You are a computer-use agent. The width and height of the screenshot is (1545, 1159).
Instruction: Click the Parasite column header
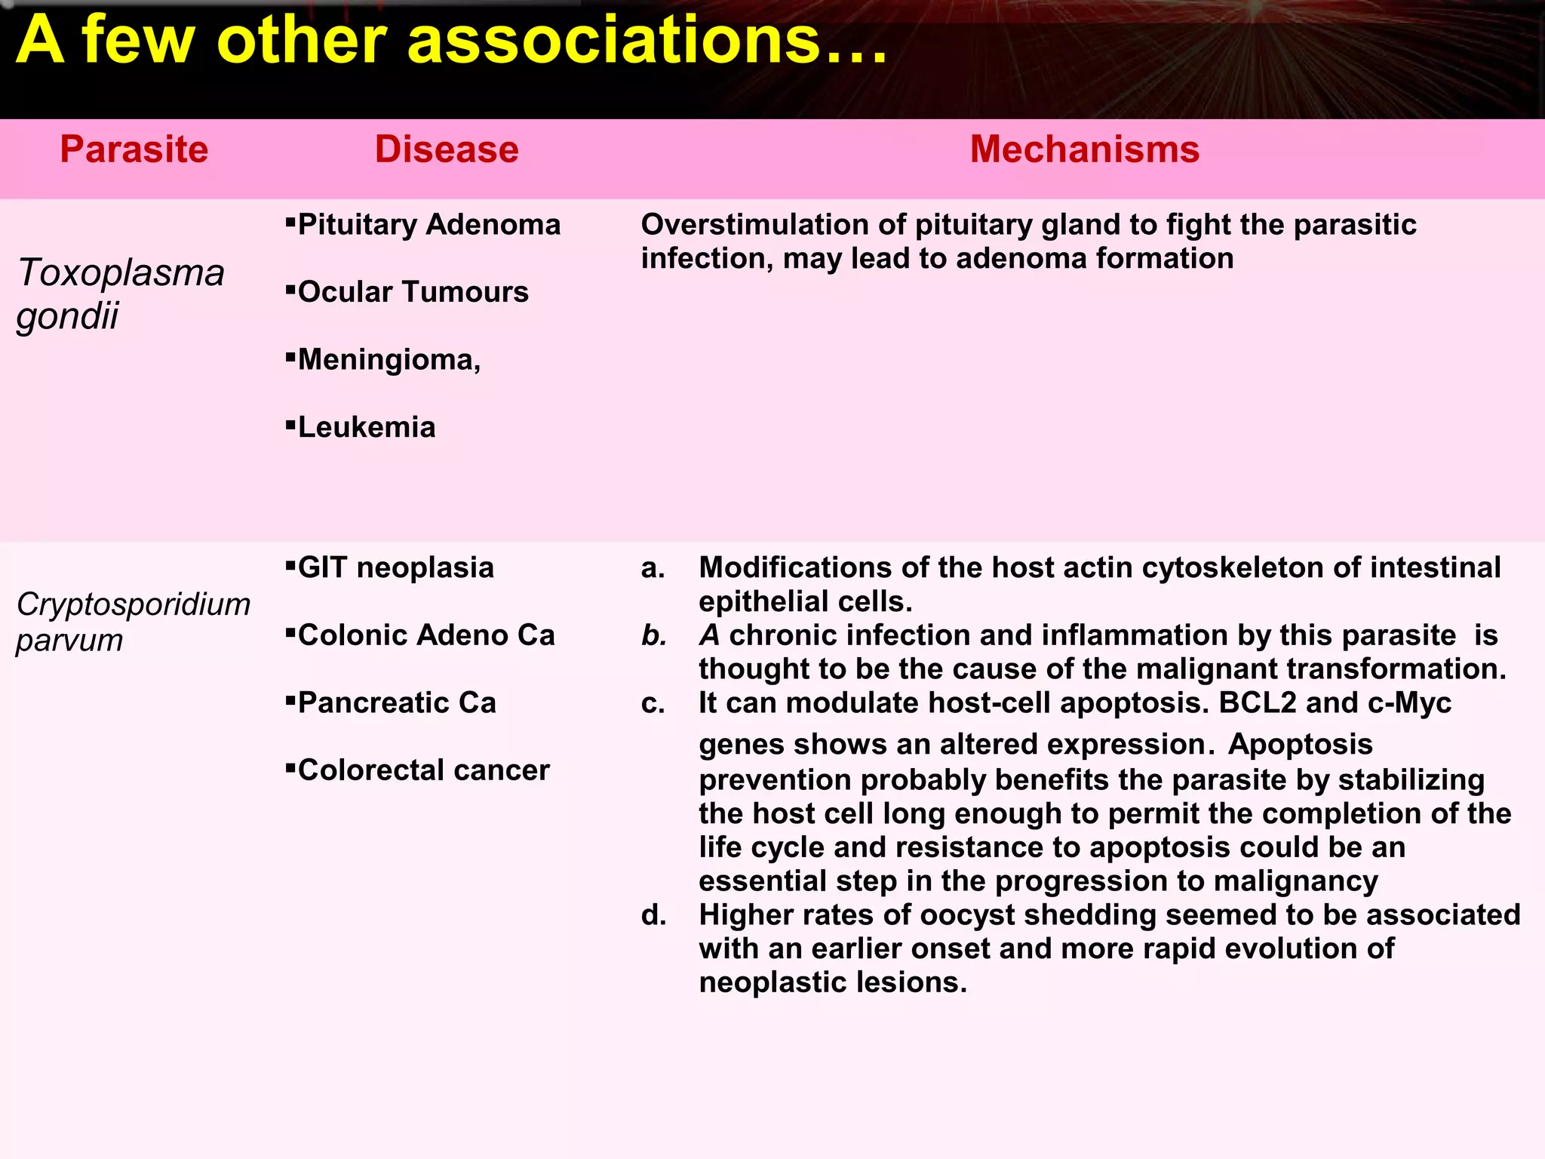(x=134, y=149)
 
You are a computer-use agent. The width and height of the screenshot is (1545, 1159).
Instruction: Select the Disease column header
(x=447, y=149)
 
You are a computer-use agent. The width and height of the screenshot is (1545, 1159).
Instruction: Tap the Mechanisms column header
(x=1084, y=149)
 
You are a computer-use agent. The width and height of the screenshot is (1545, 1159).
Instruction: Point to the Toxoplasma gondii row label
(x=121, y=294)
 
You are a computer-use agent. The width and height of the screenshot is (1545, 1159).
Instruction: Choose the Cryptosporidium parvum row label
(x=133, y=622)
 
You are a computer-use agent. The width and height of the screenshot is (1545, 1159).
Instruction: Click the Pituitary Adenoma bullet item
(x=428, y=225)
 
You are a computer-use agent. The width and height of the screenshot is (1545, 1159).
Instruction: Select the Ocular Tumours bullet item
(x=413, y=292)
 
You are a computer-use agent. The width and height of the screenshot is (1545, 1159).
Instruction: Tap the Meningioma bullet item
(x=389, y=360)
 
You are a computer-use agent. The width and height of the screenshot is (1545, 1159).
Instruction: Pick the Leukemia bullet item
(x=367, y=428)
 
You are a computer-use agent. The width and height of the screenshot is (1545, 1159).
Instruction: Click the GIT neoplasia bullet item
(x=395, y=567)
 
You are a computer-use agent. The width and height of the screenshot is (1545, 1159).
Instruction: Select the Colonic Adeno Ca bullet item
(x=426, y=635)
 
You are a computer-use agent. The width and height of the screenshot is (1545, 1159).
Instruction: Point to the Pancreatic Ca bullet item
(x=397, y=703)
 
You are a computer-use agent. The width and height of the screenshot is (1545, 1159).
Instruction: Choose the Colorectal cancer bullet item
(x=423, y=770)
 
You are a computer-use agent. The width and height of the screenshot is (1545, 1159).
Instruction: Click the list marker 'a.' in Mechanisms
(x=653, y=568)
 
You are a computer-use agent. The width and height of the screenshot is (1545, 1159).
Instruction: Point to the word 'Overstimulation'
(x=772, y=225)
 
